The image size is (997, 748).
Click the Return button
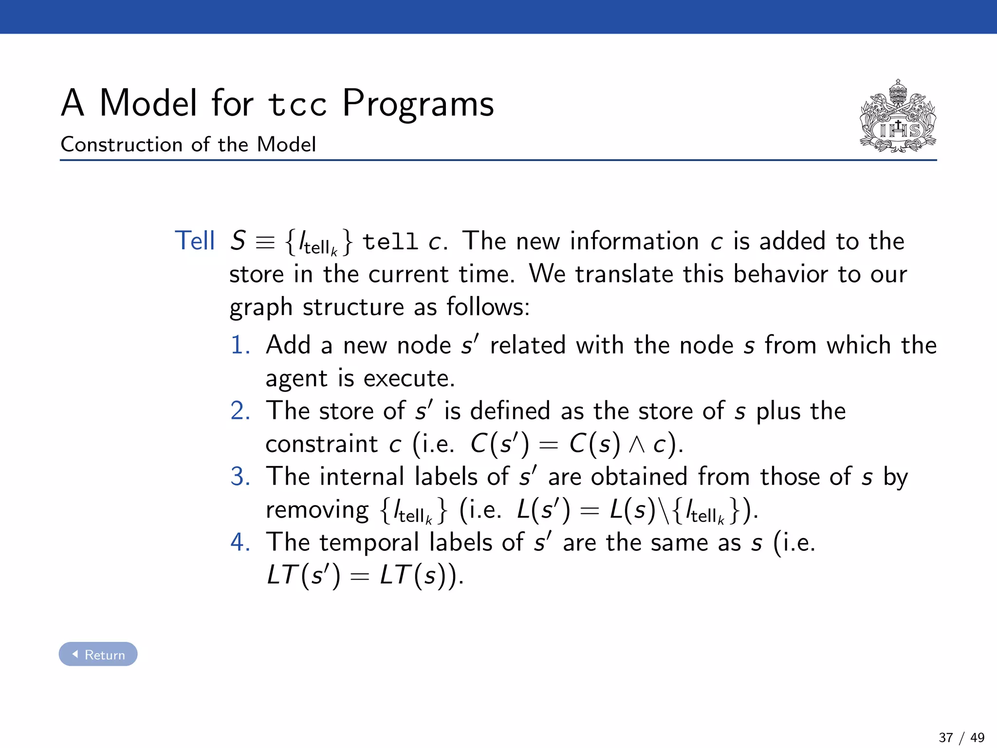click(98, 654)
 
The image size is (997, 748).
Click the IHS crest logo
click(898, 117)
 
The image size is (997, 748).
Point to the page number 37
click(945, 737)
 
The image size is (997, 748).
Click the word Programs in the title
click(418, 103)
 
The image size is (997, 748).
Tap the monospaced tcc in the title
click(297, 105)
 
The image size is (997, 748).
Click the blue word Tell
click(195, 241)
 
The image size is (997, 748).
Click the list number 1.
click(240, 345)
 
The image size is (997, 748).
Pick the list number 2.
click(240, 411)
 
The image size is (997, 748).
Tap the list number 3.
click(240, 476)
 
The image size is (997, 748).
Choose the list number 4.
click(240, 542)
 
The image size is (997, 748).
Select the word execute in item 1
click(408, 378)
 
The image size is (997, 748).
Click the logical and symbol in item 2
click(637, 444)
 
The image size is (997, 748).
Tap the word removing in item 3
click(317, 510)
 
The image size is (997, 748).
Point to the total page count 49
click(977, 737)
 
